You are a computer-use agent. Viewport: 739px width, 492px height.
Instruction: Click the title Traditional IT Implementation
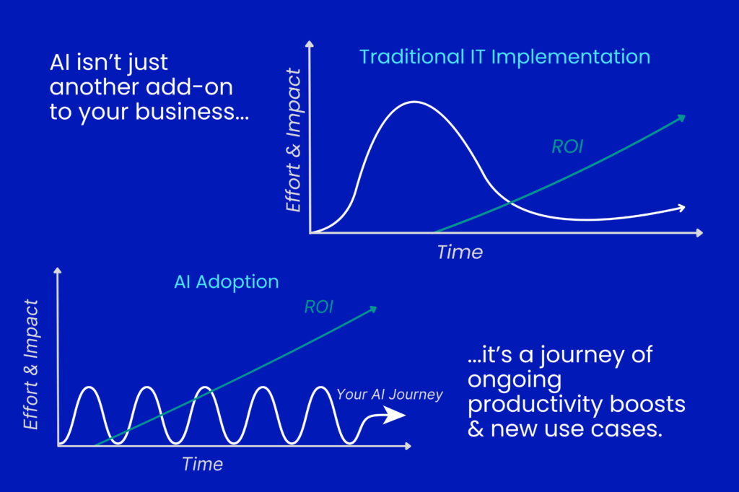point(504,57)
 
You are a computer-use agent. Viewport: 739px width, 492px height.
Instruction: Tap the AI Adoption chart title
point(226,282)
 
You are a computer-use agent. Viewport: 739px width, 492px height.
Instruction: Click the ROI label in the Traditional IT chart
point(567,146)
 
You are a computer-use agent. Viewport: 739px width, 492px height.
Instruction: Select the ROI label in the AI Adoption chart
point(319,307)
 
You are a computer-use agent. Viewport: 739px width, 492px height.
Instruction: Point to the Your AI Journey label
point(390,394)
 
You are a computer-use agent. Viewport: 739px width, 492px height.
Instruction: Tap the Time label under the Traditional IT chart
point(460,252)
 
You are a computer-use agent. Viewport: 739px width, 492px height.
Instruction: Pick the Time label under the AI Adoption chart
point(203,464)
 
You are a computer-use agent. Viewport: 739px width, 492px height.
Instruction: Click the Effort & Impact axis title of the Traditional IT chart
point(293,140)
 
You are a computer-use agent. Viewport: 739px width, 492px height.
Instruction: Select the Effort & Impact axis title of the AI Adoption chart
point(31,364)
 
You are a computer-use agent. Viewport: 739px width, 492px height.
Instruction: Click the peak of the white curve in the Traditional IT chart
point(414,102)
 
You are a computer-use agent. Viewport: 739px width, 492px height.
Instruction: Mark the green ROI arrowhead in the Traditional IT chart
point(681,118)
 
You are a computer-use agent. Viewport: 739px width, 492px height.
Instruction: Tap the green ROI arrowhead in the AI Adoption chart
point(373,309)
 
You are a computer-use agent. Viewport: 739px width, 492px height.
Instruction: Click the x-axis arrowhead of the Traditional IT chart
point(699,233)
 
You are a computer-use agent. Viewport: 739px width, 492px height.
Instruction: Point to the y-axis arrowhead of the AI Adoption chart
point(58,271)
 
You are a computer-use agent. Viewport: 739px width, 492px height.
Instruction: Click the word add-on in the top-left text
point(189,87)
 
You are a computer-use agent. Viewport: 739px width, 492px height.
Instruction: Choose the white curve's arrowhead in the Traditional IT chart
point(681,207)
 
